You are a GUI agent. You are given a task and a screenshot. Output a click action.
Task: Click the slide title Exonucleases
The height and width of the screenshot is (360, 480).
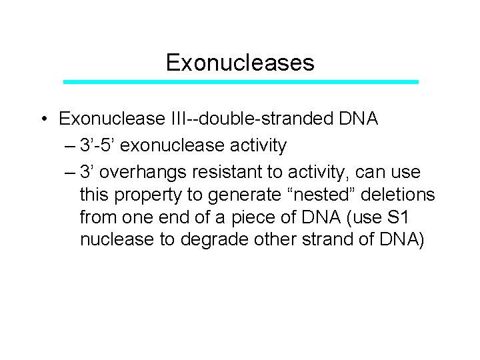(239, 63)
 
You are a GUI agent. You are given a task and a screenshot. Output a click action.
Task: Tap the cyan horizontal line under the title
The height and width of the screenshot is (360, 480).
(241, 82)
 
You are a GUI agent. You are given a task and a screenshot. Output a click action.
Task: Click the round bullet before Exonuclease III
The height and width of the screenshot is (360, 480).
(42, 120)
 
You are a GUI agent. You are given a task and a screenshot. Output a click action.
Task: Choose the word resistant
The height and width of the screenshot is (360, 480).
(223, 172)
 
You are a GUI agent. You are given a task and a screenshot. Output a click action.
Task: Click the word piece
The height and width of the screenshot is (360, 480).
(259, 217)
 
